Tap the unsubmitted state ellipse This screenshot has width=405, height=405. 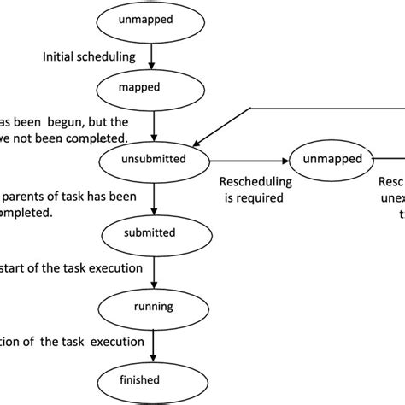154,158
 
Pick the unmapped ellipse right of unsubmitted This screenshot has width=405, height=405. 331,158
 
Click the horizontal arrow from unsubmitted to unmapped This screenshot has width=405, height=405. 248,158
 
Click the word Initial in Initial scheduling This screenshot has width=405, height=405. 60,57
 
